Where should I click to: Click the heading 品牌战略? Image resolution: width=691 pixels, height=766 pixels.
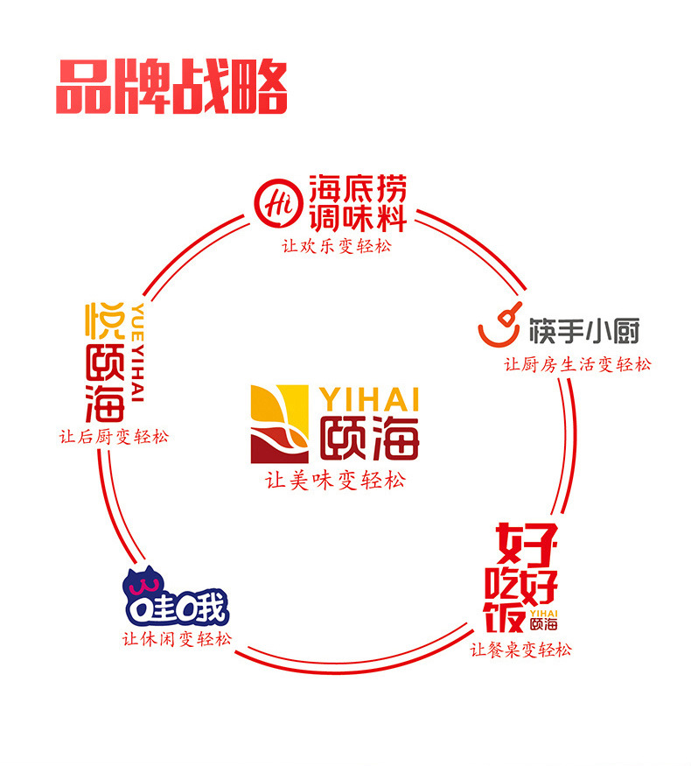pyautogui.click(x=171, y=88)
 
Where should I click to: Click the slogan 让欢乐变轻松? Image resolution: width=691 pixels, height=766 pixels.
pyautogui.click(x=337, y=246)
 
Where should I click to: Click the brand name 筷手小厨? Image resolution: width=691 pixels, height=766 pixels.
pyautogui.click(x=584, y=332)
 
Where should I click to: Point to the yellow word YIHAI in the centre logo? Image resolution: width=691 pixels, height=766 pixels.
pyautogui.click(x=369, y=399)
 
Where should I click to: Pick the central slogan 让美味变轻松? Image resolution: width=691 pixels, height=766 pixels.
pyautogui.click(x=336, y=481)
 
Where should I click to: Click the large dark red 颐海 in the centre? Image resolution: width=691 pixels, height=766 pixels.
pyautogui.click(x=368, y=437)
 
